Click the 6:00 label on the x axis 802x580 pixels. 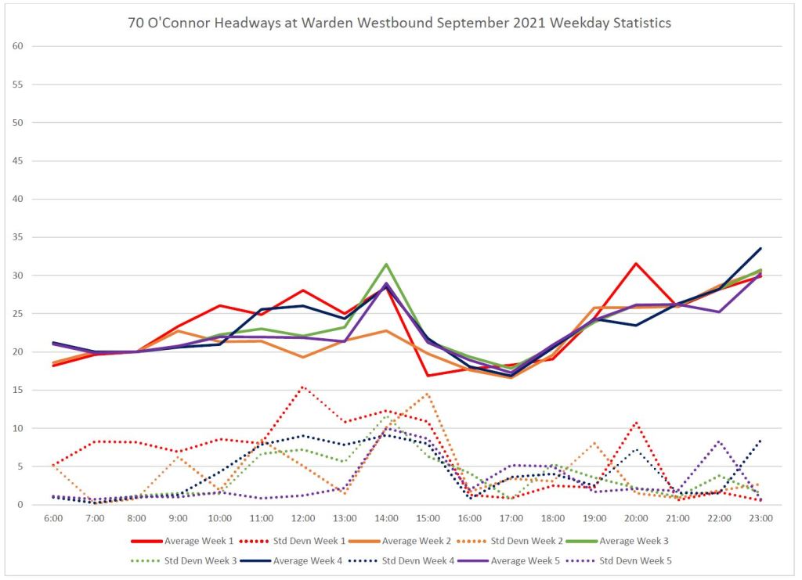tap(54, 518)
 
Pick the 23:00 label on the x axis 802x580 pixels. tap(760, 518)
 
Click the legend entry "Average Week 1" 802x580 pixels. tap(198, 540)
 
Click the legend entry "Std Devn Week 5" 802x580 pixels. tap(635, 560)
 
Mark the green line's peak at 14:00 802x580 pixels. tap(386, 265)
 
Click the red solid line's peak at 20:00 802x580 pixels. tap(636, 264)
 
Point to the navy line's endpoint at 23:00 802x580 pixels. tap(760, 249)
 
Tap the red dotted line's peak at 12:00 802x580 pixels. tap(303, 387)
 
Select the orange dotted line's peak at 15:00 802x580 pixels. tap(428, 393)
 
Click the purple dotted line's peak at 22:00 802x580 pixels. tap(719, 441)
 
